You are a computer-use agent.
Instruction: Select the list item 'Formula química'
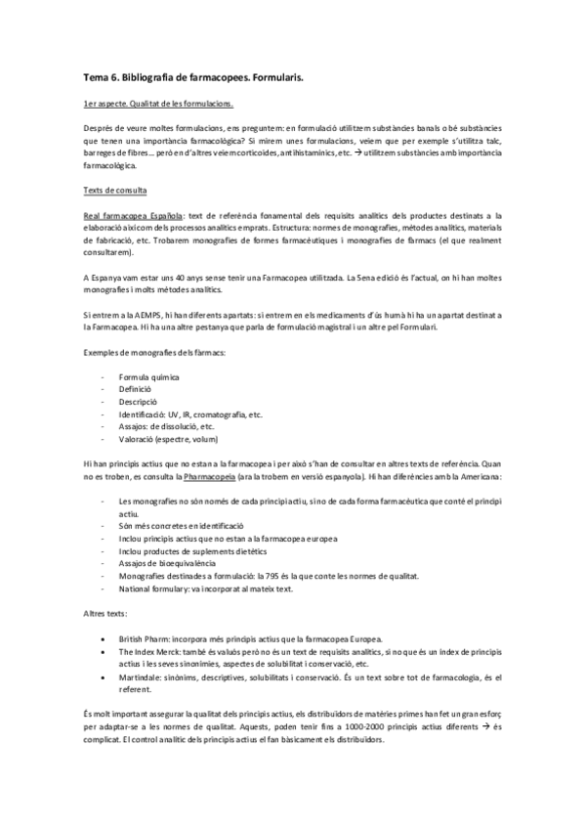(147, 376)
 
